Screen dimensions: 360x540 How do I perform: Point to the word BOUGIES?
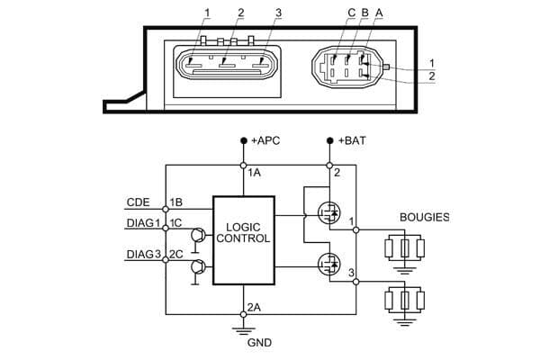424,217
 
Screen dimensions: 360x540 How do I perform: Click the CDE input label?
138,202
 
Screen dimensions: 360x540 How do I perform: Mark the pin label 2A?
255,307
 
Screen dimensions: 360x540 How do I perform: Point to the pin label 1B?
176,202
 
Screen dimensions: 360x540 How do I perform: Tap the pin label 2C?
176,256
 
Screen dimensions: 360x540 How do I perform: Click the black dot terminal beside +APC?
243,142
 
